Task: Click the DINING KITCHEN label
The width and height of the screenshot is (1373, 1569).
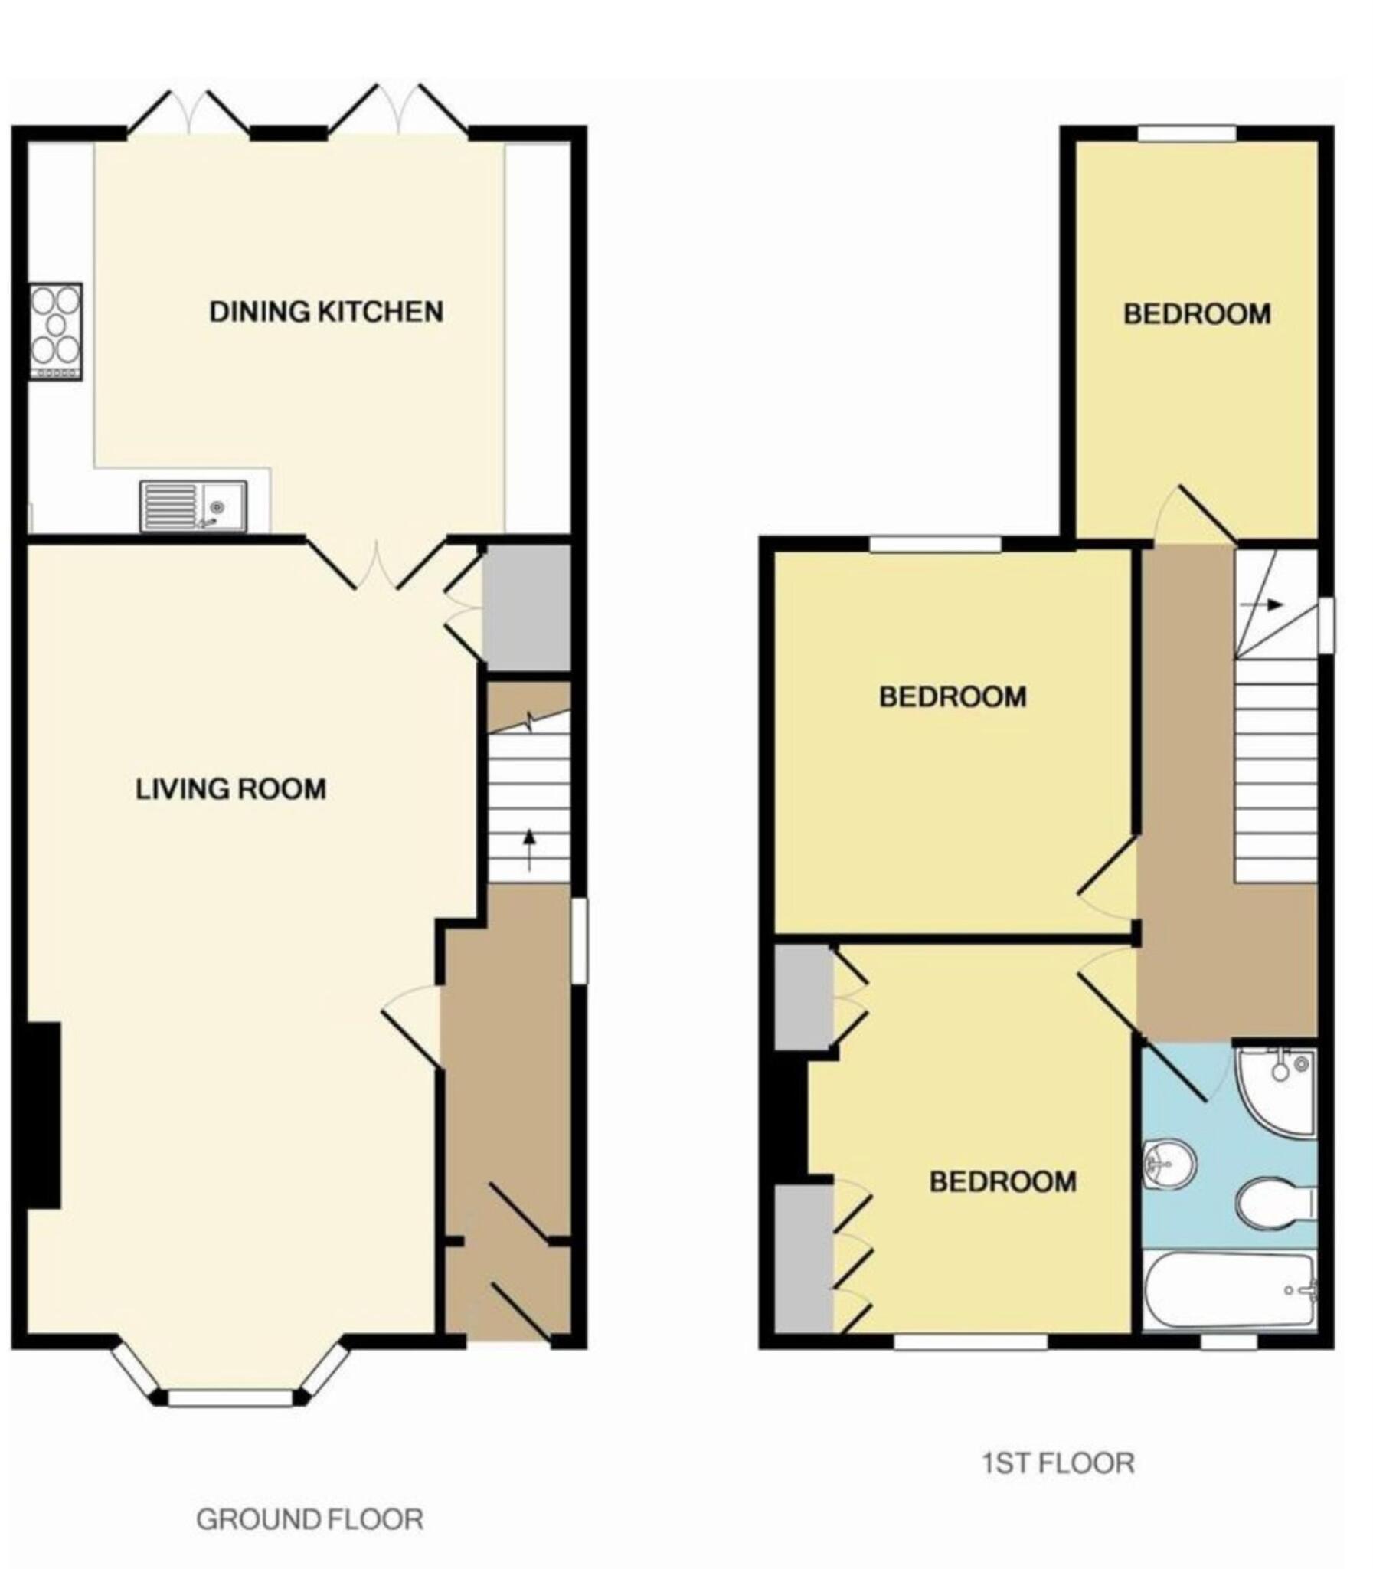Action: [326, 312]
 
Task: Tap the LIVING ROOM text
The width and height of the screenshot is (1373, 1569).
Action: [230, 789]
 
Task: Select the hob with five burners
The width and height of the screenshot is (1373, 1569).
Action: [56, 331]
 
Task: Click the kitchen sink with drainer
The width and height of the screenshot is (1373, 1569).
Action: [193, 506]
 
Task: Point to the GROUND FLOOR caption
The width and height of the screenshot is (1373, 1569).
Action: [309, 1518]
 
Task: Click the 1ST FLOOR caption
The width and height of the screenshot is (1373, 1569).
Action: [1058, 1463]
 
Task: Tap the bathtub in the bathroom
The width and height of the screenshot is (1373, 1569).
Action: [1228, 1290]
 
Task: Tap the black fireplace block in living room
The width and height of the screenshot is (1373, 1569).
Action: [44, 1115]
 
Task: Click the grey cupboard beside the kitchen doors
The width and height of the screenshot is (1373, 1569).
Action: [527, 608]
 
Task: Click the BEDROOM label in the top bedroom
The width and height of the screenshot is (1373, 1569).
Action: [1197, 314]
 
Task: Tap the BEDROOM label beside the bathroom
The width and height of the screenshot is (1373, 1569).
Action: [1002, 1181]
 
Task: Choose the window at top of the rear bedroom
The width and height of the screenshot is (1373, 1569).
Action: [1186, 133]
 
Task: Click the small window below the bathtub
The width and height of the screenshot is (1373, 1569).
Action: [1228, 1343]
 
